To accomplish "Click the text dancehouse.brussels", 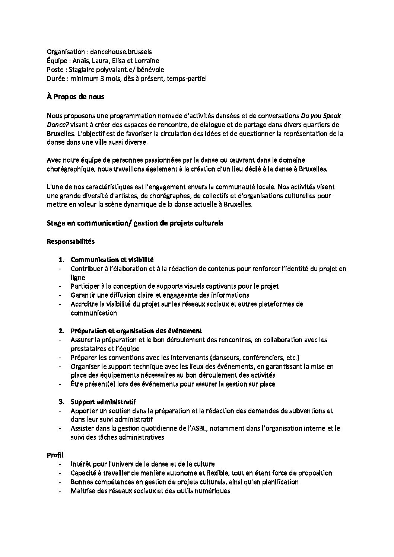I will [122, 52].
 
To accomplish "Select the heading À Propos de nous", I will [76, 97].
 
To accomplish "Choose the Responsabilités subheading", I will [70, 241].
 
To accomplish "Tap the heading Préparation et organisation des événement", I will [136, 331].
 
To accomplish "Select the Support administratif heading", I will [103, 402].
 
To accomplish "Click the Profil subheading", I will [55, 455].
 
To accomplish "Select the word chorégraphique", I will [69, 169].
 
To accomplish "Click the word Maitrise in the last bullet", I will [82, 491].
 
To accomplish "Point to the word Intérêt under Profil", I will [80, 464].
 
